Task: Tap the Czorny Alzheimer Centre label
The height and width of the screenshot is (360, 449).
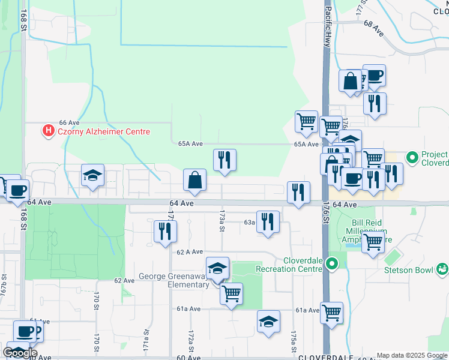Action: point(103,131)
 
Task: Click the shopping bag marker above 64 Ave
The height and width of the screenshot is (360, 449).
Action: point(195,180)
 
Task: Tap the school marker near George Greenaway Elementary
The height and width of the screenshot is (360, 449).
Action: point(218,269)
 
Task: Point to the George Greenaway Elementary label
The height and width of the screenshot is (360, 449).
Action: point(173,281)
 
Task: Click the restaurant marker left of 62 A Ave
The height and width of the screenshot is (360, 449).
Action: point(164,232)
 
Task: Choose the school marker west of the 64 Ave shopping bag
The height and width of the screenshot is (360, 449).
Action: point(92,175)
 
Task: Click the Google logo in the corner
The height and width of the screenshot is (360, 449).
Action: point(20,353)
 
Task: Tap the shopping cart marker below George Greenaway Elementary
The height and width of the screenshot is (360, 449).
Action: point(231,294)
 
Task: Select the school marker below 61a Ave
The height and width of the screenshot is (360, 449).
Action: point(268,322)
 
